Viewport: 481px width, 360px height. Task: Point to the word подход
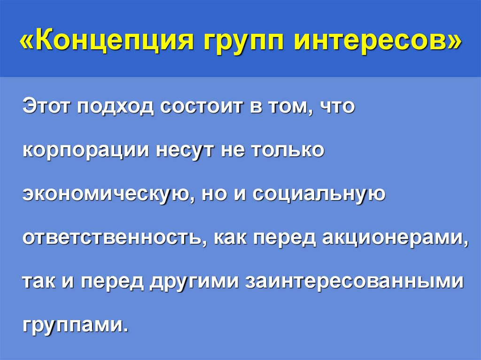tap(116, 107)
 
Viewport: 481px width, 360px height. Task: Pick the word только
tap(287, 151)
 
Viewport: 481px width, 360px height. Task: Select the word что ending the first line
tap(337, 107)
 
